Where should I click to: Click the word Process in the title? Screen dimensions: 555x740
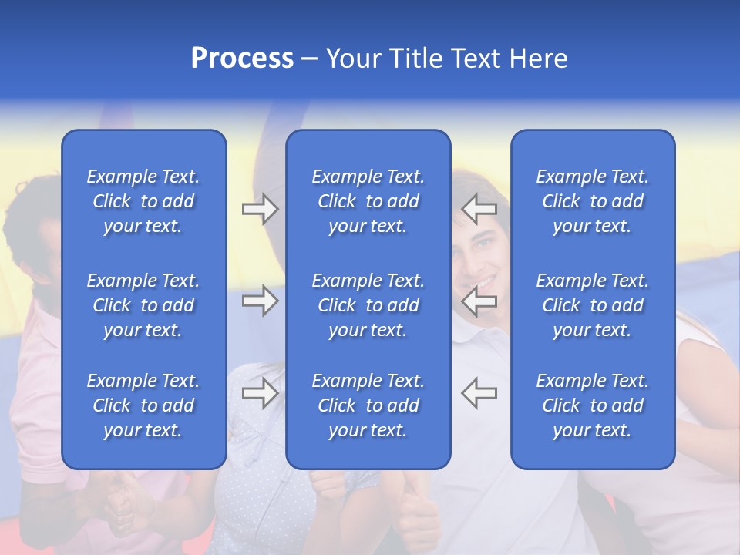242,59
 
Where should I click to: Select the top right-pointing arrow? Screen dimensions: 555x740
260,209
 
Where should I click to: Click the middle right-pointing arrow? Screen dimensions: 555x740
260,301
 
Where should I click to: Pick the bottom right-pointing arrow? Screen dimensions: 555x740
260,393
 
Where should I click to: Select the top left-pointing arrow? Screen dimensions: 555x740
479,209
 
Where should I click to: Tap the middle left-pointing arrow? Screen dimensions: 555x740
479,301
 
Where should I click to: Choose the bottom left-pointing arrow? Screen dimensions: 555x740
479,393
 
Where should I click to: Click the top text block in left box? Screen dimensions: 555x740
143,201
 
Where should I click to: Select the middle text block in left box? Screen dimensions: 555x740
143,305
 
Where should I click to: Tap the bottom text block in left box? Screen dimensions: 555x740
143,405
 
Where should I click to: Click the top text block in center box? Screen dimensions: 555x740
368,201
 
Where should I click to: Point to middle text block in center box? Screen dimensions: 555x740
368,305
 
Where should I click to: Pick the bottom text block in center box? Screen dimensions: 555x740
368,405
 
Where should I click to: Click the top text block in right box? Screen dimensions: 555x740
592,201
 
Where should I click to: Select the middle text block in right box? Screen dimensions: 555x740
592,305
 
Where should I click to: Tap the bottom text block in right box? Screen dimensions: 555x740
592,405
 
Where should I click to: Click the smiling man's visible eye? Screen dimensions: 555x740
483,244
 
